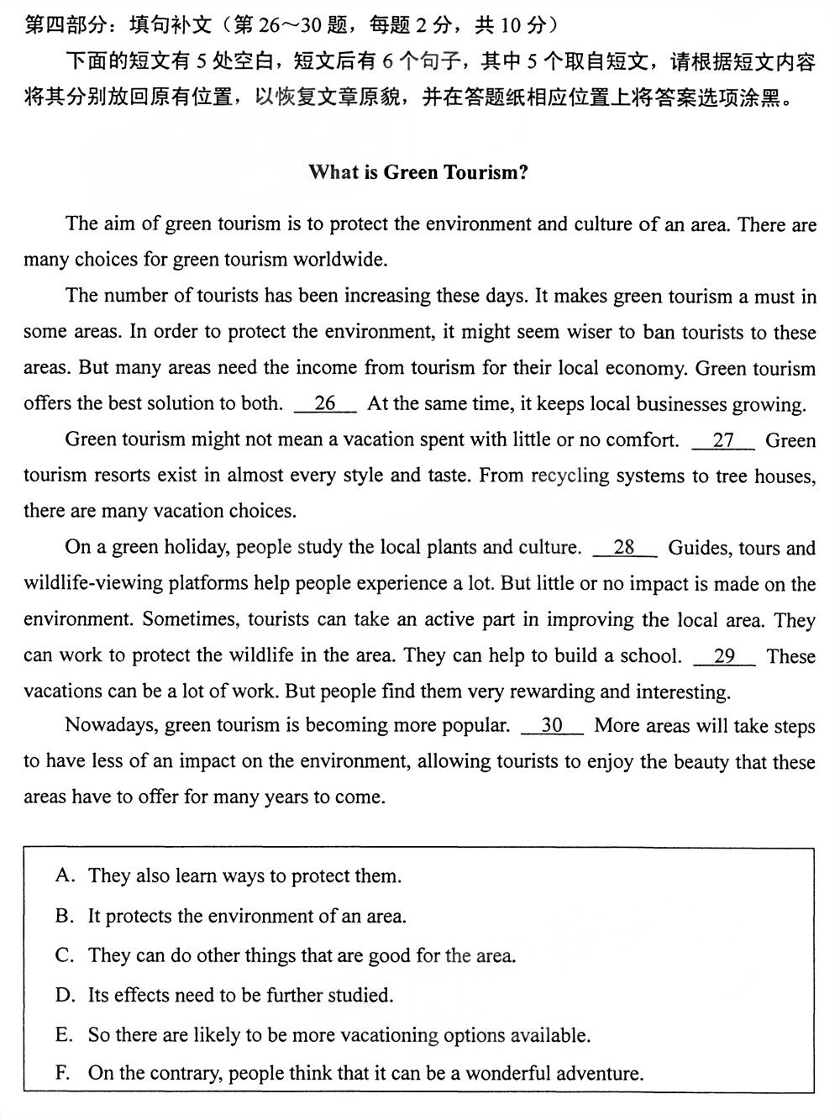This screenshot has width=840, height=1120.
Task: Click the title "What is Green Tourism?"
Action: pyautogui.click(x=418, y=173)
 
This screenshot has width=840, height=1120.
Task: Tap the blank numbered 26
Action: pyautogui.click(x=325, y=404)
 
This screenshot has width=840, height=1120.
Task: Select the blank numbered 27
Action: pyautogui.click(x=723, y=440)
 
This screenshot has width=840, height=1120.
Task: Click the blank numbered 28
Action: pyautogui.click(x=624, y=548)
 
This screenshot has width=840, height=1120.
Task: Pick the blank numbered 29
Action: pyautogui.click(x=724, y=656)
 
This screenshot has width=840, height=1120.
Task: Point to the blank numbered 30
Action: pyautogui.click(x=552, y=725)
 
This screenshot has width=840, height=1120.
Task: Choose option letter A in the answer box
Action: pyautogui.click(x=65, y=876)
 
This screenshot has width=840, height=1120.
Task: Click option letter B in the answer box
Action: pyautogui.click(x=65, y=916)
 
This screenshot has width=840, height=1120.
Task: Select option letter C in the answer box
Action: pyautogui.click(x=65, y=955)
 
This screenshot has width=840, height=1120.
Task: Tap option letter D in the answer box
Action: pyautogui.click(x=65, y=996)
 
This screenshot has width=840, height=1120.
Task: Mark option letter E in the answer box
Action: pyautogui.click(x=65, y=1035)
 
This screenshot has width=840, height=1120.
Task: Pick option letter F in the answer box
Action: pyautogui.click(x=65, y=1074)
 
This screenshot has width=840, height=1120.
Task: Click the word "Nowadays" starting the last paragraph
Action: pyautogui.click(x=107, y=725)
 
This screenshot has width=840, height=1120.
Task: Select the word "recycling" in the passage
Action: pyautogui.click(x=570, y=476)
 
